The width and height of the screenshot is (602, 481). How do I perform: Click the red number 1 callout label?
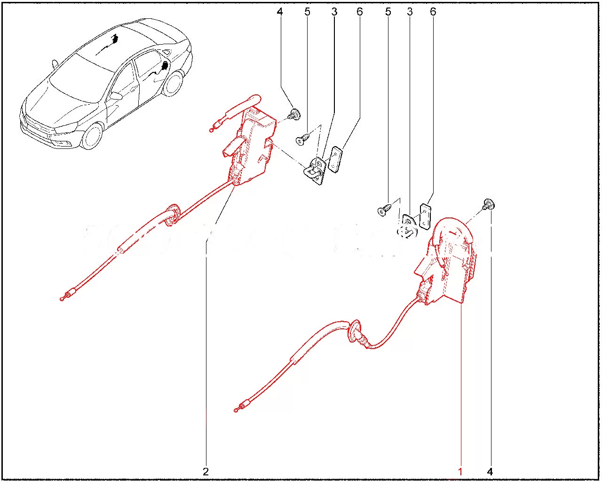tap(460, 472)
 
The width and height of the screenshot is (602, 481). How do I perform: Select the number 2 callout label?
tap(206, 472)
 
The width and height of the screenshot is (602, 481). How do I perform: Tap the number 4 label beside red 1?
tap(490, 472)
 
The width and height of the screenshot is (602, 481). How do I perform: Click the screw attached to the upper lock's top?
tap(294, 114)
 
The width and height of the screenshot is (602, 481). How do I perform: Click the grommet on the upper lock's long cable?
tap(173, 215)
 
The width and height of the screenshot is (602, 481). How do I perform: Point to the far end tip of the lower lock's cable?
tap(236, 411)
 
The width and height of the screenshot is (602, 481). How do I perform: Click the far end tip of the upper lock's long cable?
tap(62, 299)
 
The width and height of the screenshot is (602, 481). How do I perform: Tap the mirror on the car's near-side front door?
tap(116, 96)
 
